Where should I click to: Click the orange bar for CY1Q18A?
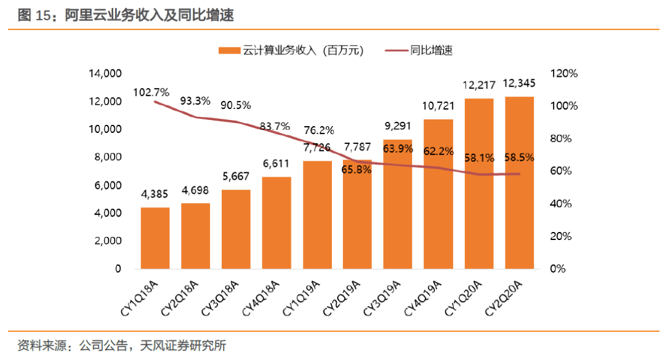coord(155,238)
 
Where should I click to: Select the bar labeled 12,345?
coord(520,183)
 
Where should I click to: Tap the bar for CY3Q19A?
coord(398,204)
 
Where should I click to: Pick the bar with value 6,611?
coord(276,223)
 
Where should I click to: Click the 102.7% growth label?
coord(151,92)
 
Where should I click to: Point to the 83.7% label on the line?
coord(275,126)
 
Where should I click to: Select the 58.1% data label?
coord(479,158)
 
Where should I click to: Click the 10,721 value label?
coord(438,106)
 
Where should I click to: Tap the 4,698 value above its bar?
coord(195,190)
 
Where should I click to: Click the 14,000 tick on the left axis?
coord(105,73)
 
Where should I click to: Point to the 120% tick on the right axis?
coord(563,73)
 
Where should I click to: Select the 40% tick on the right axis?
coord(561,204)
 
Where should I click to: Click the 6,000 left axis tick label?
coord(108,185)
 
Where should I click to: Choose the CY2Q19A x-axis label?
coord(342,298)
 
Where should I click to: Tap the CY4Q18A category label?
coord(261,298)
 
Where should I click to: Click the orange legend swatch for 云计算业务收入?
coord(230,50)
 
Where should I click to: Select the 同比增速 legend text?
coord(431,50)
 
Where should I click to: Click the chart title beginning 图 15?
coord(126,15)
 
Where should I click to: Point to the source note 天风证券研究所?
coord(183,346)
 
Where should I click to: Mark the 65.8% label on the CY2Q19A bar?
coord(357,170)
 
